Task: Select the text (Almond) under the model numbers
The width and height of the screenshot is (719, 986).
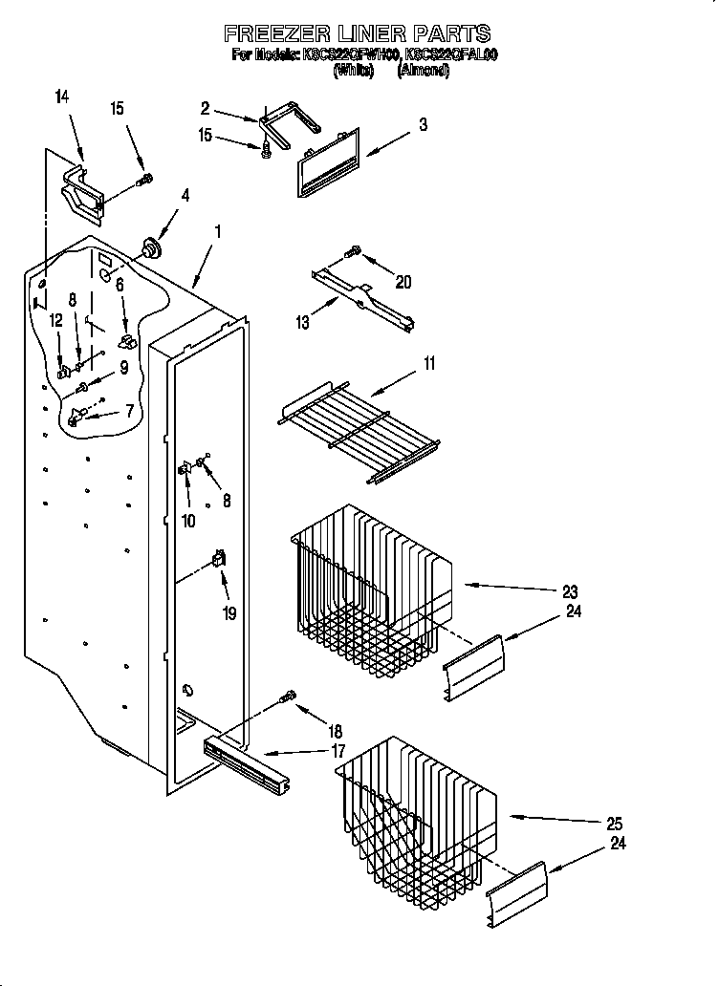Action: tap(424, 71)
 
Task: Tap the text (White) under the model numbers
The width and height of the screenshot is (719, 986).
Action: tap(353, 71)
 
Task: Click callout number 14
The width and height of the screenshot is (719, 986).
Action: tap(63, 96)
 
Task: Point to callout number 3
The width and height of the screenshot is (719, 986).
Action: tap(423, 124)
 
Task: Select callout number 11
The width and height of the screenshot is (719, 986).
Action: tap(429, 363)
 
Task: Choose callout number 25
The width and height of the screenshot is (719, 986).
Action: tap(614, 823)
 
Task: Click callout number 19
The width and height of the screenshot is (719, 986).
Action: tap(229, 613)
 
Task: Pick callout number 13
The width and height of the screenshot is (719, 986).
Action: tap(303, 323)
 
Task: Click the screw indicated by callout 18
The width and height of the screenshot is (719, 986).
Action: tap(287, 699)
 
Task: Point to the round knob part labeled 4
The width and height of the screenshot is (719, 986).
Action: tap(149, 248)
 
